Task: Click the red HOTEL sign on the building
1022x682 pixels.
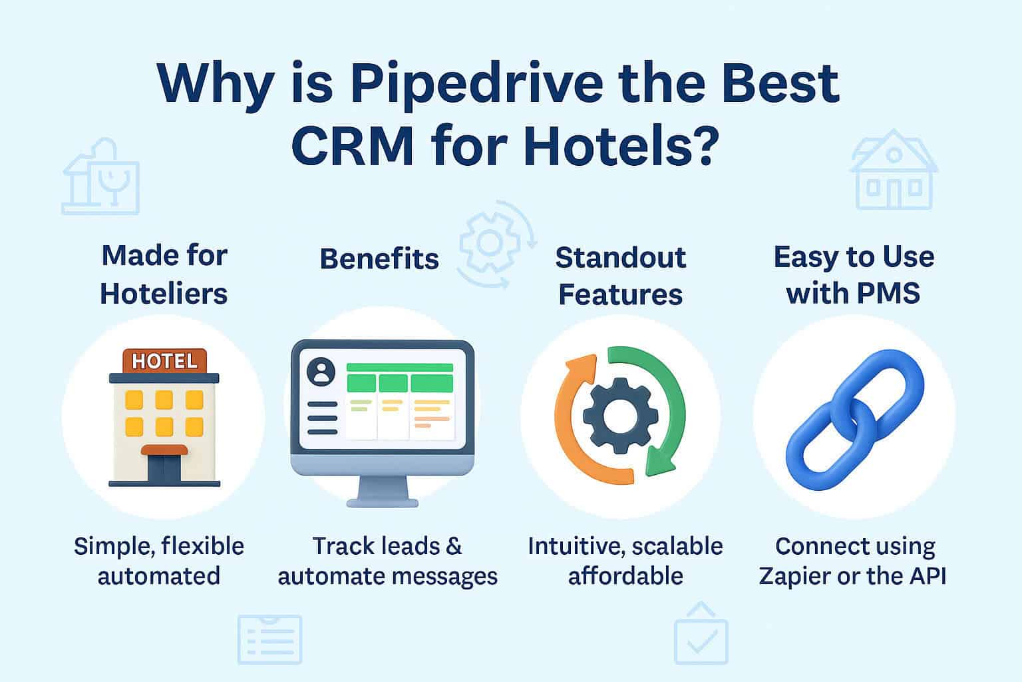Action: point(165,361)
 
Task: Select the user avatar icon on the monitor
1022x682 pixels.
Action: point(323,372)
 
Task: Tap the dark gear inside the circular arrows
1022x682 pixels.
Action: point(614,418)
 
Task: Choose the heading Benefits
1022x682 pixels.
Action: point(379,258)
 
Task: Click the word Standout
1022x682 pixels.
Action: point(620,258)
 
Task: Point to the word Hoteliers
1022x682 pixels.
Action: point(164,294)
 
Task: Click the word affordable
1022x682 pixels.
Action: point(625,575)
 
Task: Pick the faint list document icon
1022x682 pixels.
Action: point(269,639)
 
